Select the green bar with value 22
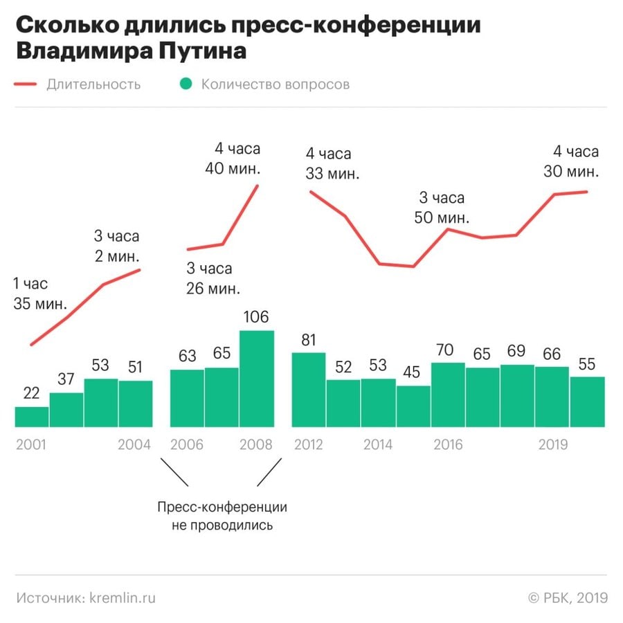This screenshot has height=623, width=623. [32, 417]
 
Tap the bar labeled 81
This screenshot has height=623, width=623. [309, 389]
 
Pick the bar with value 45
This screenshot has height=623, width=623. [413, 406]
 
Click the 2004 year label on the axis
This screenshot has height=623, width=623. [134, 444]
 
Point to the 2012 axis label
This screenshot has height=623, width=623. [309, 444]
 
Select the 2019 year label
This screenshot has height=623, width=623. [553, 444]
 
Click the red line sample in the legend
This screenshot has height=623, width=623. [25, 84]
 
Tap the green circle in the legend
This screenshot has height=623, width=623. [186, 84]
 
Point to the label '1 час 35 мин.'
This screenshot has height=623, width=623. [40, 294]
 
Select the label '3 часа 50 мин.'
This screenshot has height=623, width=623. [443, 207]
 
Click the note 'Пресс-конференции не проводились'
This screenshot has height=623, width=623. [222, 516]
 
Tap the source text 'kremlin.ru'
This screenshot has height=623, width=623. [118, 597]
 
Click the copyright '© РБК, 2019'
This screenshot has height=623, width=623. [568, 597]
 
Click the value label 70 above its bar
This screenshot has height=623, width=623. [448, 349]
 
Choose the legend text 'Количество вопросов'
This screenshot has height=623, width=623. [276, 84]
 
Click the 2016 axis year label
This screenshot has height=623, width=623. [448, 444]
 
